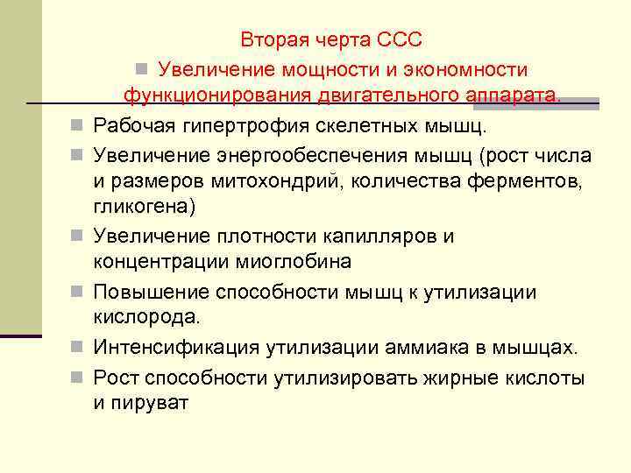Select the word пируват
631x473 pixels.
(x=152, y=405)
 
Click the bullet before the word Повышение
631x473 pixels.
(x=78, y=292)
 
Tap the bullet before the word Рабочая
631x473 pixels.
(x=78, y=127)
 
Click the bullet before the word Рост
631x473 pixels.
(x=78, y=378)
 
